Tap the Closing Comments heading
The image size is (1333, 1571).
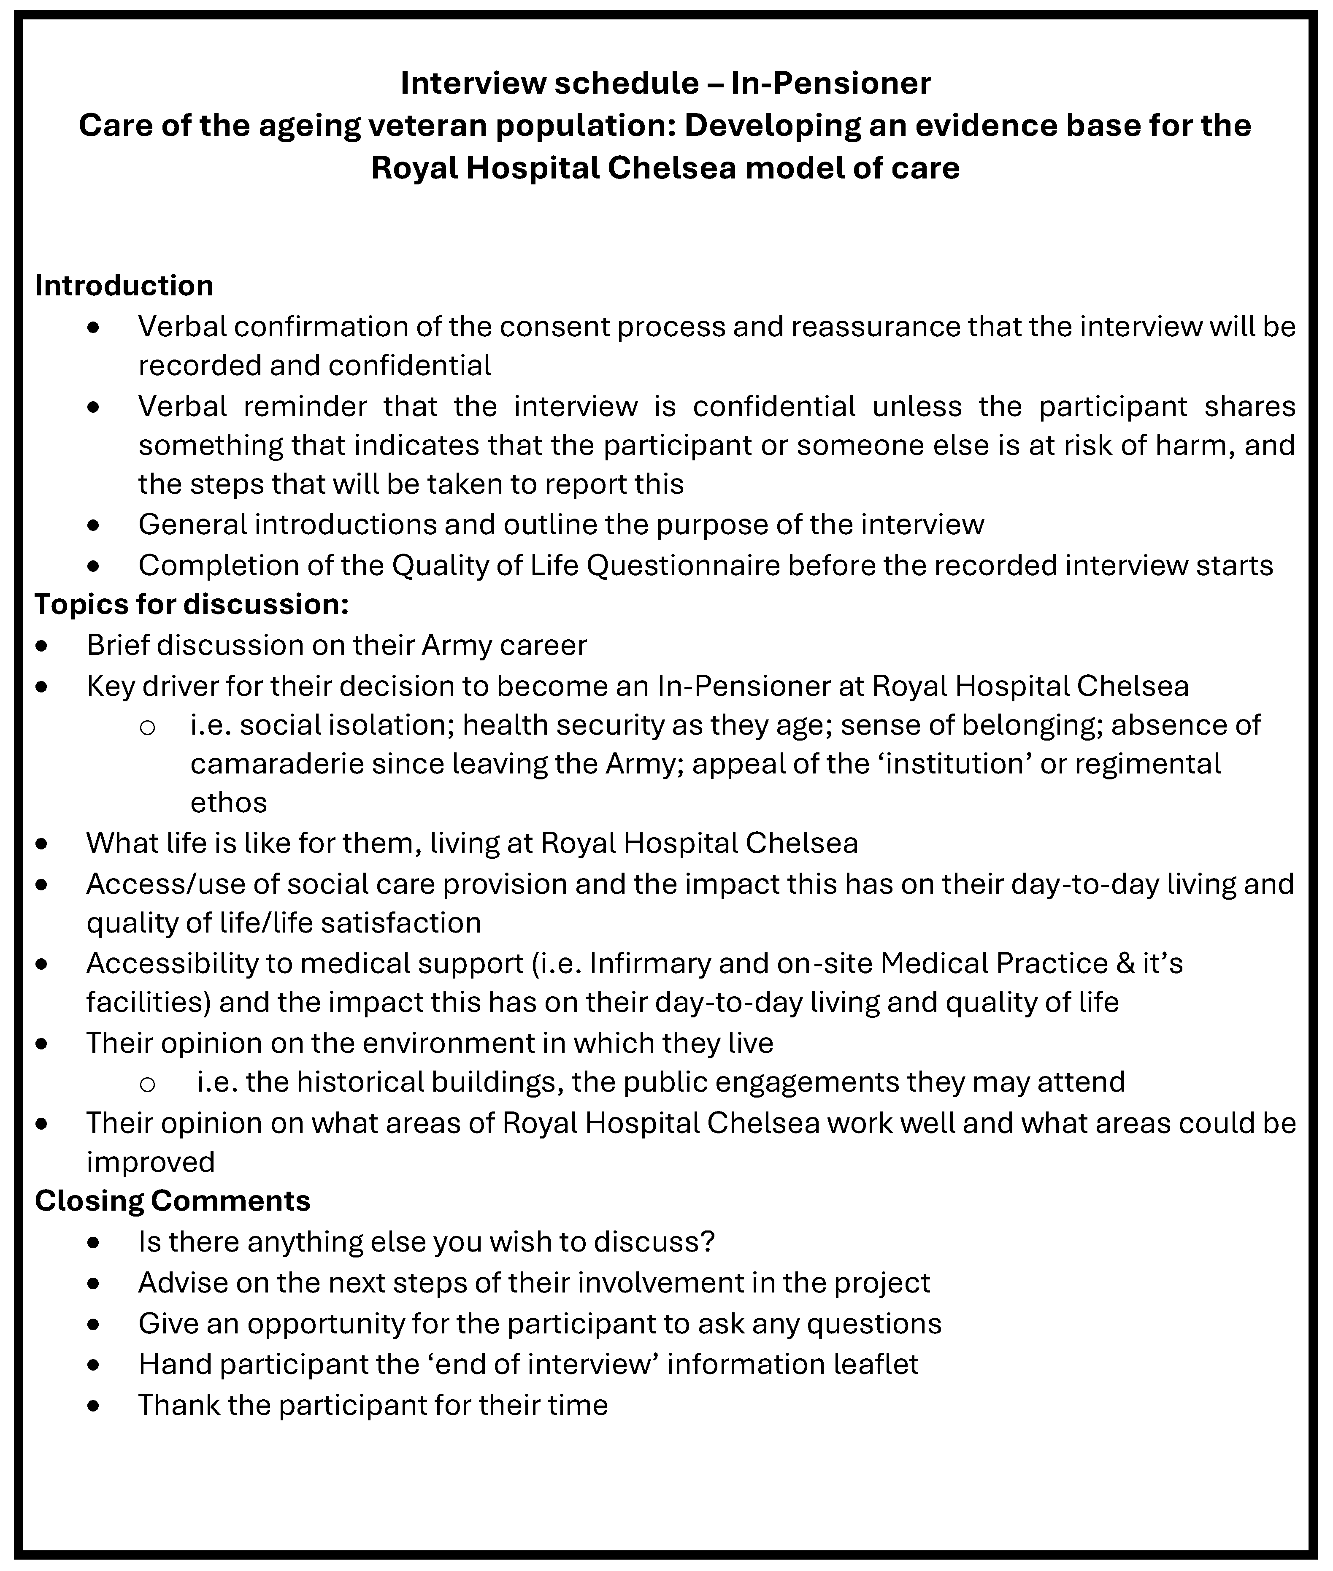(x=172, y=1201)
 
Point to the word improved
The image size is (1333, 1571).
(x=150, y=1161)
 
